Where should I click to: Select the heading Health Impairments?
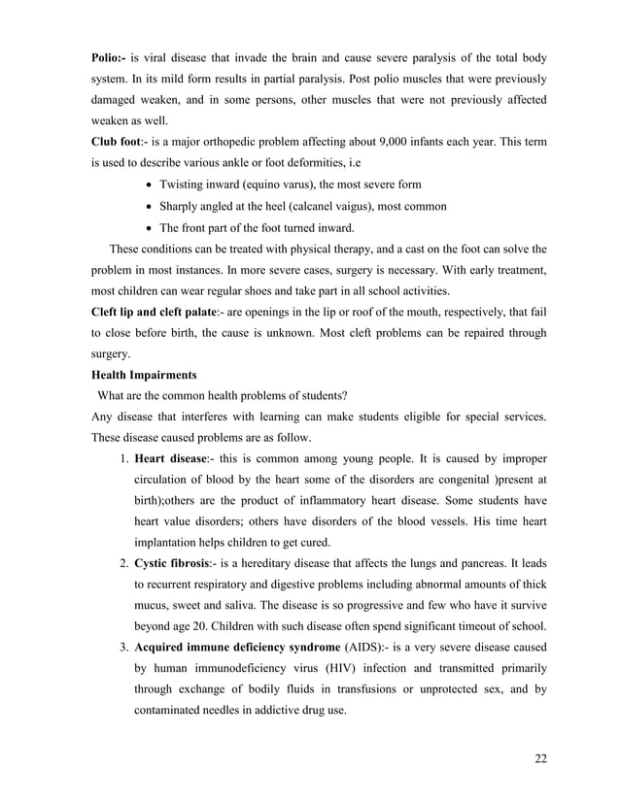pos(144,375)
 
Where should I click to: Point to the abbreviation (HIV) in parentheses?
pos(365,669)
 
